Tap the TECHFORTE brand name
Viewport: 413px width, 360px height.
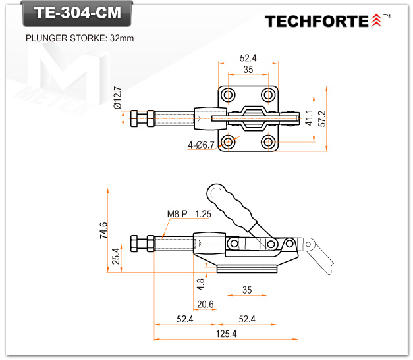(x=317, y=21)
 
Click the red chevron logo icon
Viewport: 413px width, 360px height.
(x=376, y=21)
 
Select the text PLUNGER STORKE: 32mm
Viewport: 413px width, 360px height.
(x=79, y=38)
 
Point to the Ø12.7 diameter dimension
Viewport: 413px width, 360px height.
(x=117, y=97)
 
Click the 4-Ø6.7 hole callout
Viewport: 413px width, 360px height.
(x=201, y=145)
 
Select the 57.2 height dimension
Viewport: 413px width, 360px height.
(x=322, y=118)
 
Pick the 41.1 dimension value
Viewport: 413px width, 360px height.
(x=308, y=118)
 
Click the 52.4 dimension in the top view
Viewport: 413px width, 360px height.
(x=248, y=57)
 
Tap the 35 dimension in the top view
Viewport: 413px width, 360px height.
(x=248, y=70)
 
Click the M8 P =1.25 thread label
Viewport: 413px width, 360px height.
(x=188, y=214)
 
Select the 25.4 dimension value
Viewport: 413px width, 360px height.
(x=117, y=257)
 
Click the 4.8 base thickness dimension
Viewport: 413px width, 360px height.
(x=200, y=283)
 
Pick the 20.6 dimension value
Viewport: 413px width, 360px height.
(x=206, y=303)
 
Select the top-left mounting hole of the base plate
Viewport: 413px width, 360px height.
(x=229, y=93)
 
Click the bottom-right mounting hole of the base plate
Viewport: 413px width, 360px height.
(x=267, y=141)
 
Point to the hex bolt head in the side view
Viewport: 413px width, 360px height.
(x=136, y=243)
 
